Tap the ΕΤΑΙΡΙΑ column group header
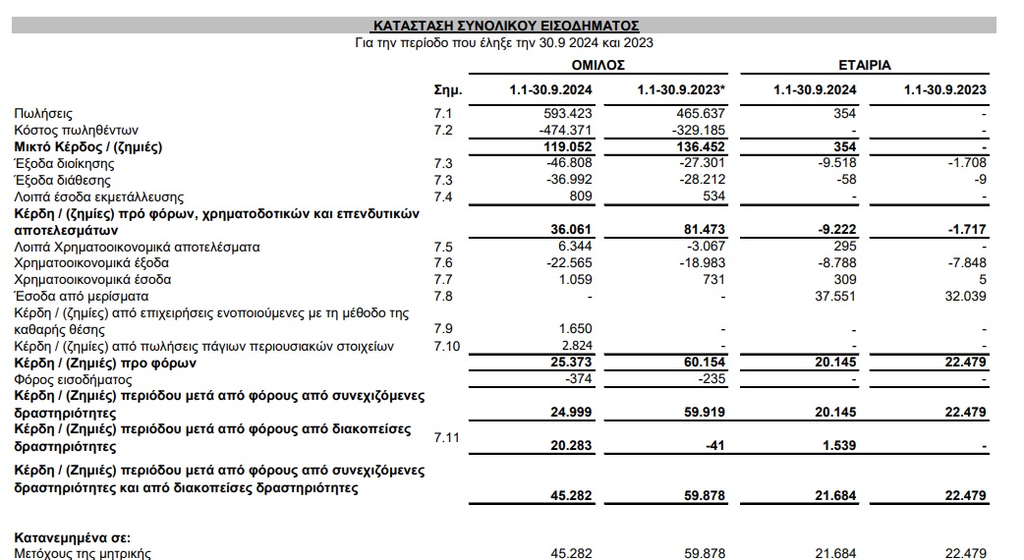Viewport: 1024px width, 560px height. click(864, 65)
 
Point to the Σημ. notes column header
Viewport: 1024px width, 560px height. click(448, 90)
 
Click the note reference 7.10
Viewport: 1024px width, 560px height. click(448, 346)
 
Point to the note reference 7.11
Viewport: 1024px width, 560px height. click(448, 435)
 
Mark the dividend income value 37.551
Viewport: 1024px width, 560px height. click(835, 296)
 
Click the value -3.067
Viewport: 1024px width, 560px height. click(703, 247)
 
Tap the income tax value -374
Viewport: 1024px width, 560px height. click(580, 379)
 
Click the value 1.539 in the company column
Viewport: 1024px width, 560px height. click(838, 447)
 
